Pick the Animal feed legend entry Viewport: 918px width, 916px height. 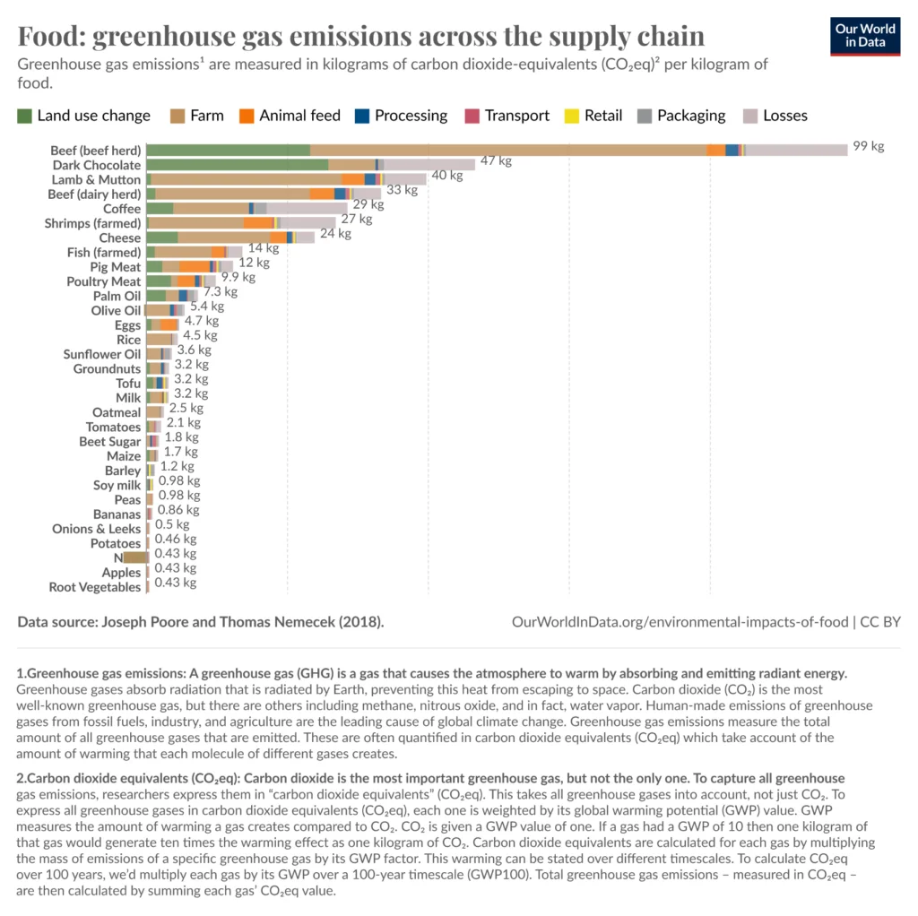pos(290,116)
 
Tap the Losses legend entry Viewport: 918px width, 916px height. pos(775,116)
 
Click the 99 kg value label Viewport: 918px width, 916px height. pos(868,147)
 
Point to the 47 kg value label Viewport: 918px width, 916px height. pos(496,161)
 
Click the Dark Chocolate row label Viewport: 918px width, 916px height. pos(96,165)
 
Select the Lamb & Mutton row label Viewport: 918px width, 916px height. pos(95,179)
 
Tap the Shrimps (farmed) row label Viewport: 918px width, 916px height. pos(92,223)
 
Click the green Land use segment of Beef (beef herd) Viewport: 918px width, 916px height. pos(228,150)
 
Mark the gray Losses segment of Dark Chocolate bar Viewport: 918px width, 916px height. pos(429,165)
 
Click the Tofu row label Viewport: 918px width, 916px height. pos(128,384)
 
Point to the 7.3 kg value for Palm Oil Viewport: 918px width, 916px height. pos(221,292)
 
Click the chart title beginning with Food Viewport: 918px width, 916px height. pos(361,36)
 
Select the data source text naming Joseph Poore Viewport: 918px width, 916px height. pos(201,621)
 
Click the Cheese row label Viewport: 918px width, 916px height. pos(119,238)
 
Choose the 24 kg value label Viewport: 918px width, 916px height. pos(335,234)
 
